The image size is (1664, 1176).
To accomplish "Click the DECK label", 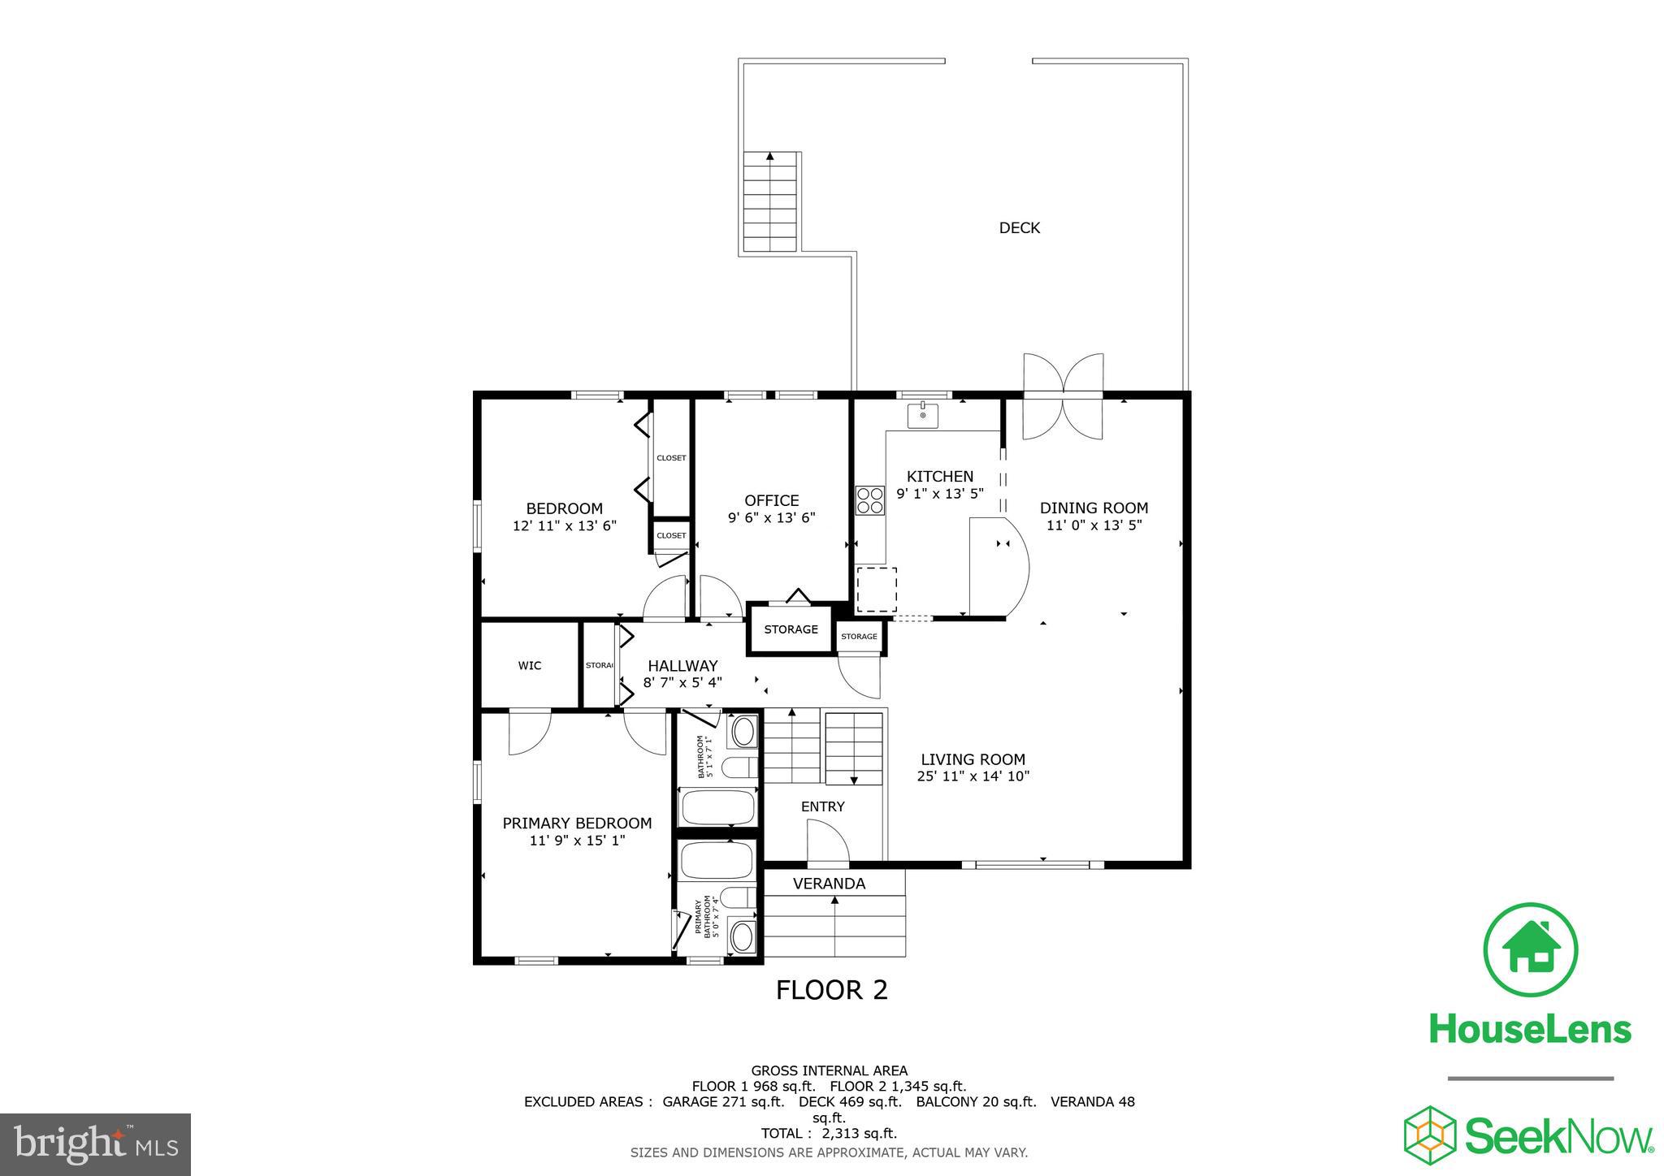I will tap(1019, 228).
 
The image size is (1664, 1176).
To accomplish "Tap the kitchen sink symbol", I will tap(922, 416).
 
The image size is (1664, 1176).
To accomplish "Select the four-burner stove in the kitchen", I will tap(870, 499).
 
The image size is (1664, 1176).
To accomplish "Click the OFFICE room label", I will tap(771, 500).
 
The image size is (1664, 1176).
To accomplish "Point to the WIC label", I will tap(530, 666).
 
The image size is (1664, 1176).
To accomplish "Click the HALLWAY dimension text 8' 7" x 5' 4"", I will tap(682, 683).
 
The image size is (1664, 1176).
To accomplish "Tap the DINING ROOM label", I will tap(1094, 508).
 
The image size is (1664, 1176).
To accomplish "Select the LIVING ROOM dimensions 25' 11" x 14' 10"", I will tap(973, 776).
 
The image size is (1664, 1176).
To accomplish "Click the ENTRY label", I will tap(822, 806).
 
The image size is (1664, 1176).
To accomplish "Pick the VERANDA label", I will tap(829, 884).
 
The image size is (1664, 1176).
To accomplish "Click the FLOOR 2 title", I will tap(831, 990).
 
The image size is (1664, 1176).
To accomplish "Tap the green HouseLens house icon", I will tap(1530, 949).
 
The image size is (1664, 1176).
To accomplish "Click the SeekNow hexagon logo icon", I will tap(1430, 1134).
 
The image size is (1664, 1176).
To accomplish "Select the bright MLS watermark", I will tap(96, 1144).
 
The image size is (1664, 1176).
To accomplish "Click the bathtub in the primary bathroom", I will tap(717, 861).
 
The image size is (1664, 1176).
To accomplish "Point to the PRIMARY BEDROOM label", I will tap(577, 824).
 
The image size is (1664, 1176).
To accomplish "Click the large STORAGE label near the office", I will tap(791, 629).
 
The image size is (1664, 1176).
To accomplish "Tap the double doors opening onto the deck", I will tap(1063, 396).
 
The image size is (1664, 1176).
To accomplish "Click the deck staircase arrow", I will tap(770, 156).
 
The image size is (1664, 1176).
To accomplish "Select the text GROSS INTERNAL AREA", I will tap(829, 1070).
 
